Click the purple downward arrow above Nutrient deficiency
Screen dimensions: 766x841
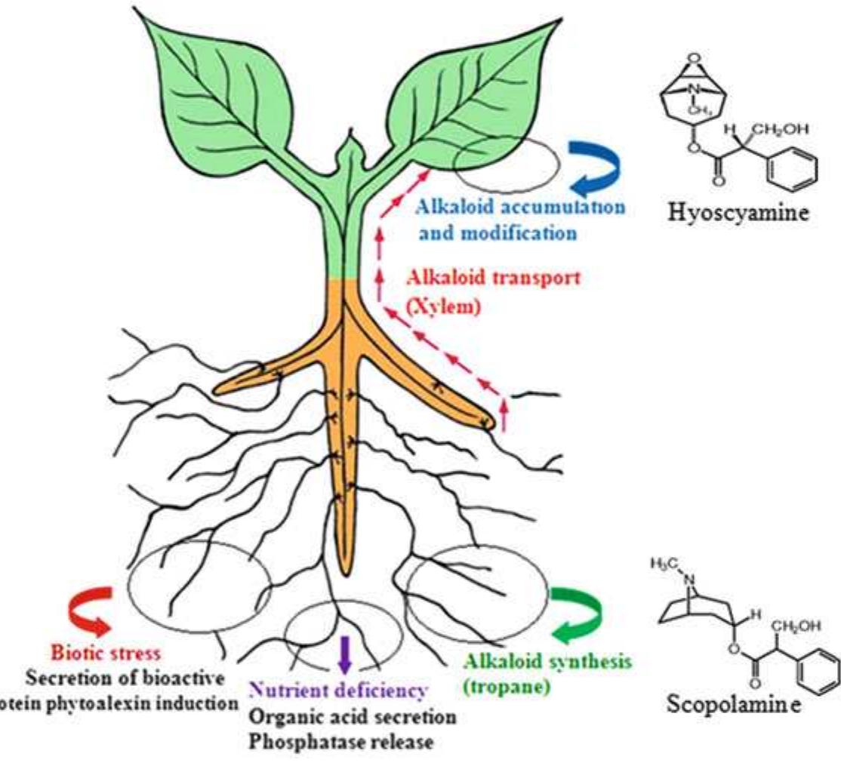(345, 654)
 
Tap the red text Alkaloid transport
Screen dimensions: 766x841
(494, 278)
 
